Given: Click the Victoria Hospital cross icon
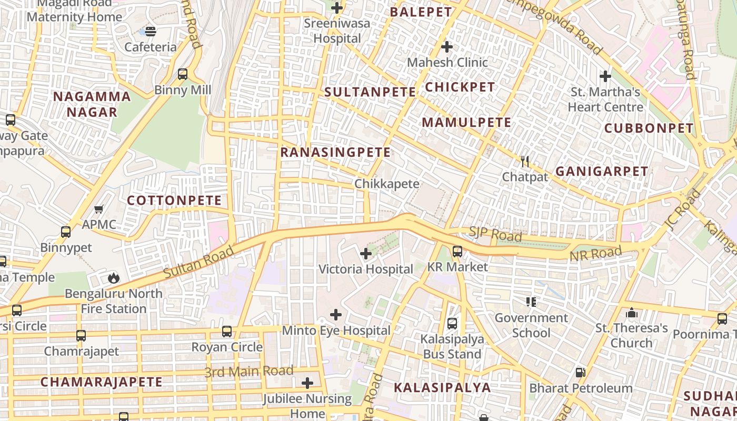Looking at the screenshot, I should [x=366, y=254].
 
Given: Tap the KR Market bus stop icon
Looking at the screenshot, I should [x=457, y=252].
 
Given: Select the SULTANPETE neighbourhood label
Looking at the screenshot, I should [x=370, y=92].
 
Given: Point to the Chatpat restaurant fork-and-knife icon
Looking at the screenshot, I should [x=524, y=162].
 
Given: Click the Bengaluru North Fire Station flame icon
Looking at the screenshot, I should [x=113, y=277].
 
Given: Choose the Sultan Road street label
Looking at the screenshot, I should [x=198, y=263].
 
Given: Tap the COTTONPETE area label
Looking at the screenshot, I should [x=174, y=201].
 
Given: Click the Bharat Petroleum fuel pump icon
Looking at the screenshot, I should [x=580, y=373].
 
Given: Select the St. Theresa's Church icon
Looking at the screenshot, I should [x=631, y=313].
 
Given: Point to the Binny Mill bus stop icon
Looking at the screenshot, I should [x=183, y=74].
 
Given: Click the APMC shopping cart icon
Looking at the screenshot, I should [x=98, y=209].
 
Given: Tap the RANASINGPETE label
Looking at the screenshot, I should [x=335, y=153].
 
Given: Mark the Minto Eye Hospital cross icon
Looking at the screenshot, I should [x=336, y=315].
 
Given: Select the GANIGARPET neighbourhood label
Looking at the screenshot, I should [x=602, y=171].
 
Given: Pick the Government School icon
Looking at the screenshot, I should [x=531, y=302].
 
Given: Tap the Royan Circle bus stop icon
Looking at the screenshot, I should [x=227, y=332].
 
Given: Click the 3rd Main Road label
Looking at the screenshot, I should [x=248, y=372].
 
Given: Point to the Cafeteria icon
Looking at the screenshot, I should [x=151, y=32].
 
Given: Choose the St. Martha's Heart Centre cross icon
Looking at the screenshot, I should [x=605, y=76].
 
